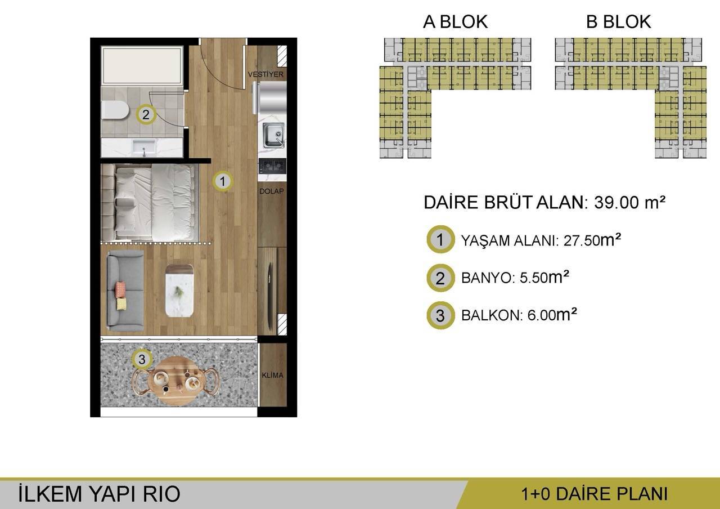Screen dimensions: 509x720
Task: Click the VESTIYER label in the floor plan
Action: click(266, 74)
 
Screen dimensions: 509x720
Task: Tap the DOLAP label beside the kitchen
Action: click(271, 191)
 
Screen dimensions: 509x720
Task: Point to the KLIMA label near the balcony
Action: click(272, 376)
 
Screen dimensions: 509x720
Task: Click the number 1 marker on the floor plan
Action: click(223, 181)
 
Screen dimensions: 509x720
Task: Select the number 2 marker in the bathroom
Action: click(146, 115)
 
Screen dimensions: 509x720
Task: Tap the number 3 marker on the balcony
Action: click(142, 358)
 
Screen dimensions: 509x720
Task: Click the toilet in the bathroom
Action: click(115, 111)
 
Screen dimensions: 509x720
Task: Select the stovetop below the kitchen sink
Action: click(272, 166)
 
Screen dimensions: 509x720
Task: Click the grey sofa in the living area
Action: click(125, 290)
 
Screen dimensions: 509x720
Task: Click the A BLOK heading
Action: click(455, 22)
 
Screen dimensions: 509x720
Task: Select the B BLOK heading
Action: click(618, 22)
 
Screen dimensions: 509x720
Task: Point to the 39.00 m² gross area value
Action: click(629, 203)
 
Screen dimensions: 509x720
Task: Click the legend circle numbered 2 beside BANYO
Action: click(440, 278)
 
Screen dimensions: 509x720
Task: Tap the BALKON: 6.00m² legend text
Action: click(519, 315)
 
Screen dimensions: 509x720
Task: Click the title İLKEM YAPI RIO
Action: click(99, 494)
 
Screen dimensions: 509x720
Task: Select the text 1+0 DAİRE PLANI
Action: click(594, 494)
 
